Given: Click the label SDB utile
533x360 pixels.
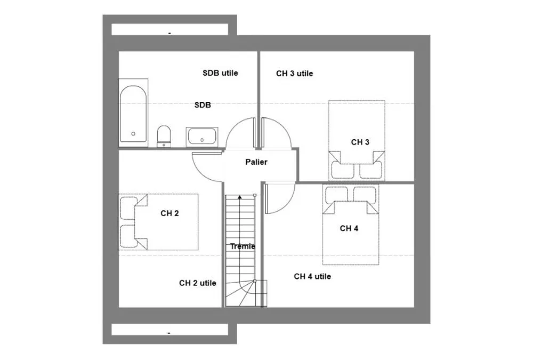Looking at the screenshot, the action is point(220,73).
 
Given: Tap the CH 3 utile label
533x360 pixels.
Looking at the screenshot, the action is point(294,74).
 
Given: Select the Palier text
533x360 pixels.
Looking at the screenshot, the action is point(256,162).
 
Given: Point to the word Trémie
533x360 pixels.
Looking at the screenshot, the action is point(243,246).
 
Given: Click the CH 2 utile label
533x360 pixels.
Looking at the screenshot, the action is point(198,283).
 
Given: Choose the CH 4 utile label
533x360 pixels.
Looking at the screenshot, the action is point(312,276).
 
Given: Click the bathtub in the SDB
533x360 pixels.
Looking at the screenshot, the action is point(133,113).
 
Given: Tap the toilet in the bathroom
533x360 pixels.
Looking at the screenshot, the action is point(164,136).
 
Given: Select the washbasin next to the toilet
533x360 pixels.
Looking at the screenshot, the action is point(202,137).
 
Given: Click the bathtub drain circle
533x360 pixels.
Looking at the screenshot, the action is point(133,134).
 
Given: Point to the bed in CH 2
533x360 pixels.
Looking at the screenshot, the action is point(158,222).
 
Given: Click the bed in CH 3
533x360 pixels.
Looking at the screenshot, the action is point(357,140).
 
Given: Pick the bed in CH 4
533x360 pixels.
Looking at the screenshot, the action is point(351,225).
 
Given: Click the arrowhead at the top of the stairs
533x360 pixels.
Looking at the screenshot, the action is point(240,197).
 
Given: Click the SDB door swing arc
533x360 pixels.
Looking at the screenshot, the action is point(232,127).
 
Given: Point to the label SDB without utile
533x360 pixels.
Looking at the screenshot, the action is point(203,105).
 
